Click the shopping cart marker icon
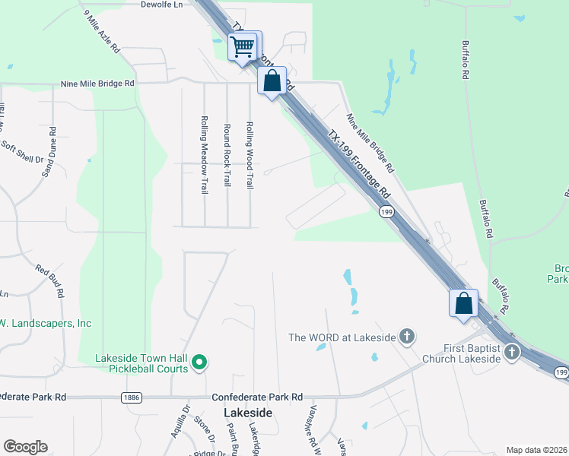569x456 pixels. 243,46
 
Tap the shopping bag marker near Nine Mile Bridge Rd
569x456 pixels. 272,81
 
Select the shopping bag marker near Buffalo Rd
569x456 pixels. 463,303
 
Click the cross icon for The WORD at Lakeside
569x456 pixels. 407,336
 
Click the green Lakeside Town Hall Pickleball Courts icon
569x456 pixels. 199,363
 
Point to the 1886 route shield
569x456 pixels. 131,397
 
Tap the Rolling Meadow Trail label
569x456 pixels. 205,154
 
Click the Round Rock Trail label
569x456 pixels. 227,155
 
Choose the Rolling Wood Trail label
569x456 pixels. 249,155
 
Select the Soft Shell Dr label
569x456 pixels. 23,151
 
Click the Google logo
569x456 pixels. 25,447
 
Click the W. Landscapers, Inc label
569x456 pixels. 46,324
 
